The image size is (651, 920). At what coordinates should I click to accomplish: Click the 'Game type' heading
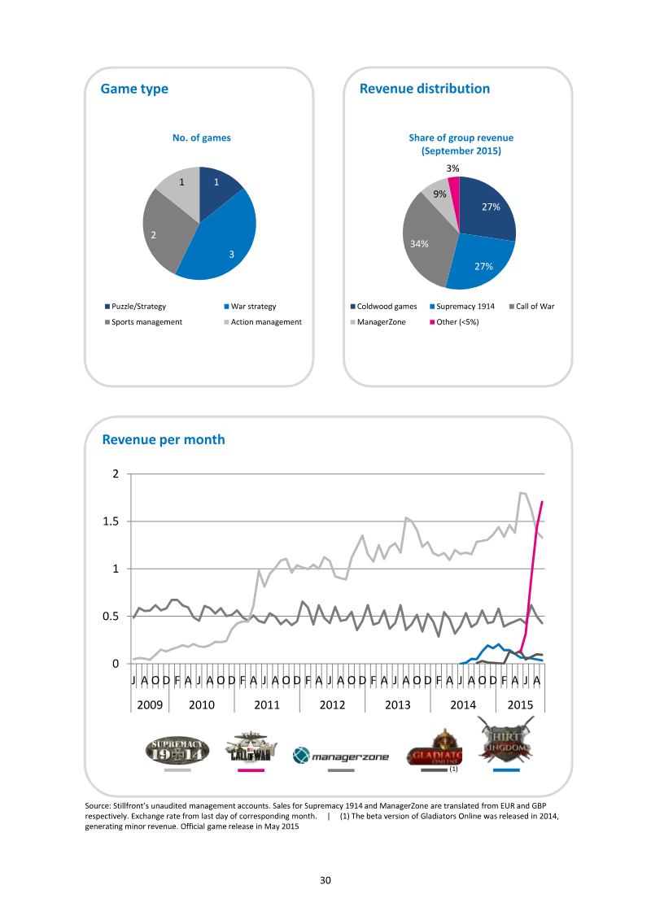134,89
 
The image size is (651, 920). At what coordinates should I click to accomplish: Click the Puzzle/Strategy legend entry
136,307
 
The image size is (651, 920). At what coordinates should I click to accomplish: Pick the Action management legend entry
263,322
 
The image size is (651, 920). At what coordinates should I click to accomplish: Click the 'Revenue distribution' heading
425,89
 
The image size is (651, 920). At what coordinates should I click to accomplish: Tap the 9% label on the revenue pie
439,194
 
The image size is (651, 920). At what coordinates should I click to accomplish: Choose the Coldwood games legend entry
384,307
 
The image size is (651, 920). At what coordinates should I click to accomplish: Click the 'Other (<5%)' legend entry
454,322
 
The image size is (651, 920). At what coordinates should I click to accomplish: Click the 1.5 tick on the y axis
111,521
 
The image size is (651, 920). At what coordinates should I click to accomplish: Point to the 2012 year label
332,704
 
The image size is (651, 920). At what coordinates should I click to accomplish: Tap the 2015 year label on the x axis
520,704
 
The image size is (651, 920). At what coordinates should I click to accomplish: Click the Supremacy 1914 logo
177,751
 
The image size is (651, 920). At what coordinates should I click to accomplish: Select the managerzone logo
341,756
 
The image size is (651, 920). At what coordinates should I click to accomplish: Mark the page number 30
325,880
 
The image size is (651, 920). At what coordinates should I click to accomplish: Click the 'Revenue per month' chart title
164,439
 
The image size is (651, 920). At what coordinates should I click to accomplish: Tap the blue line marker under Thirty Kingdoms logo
506,770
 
